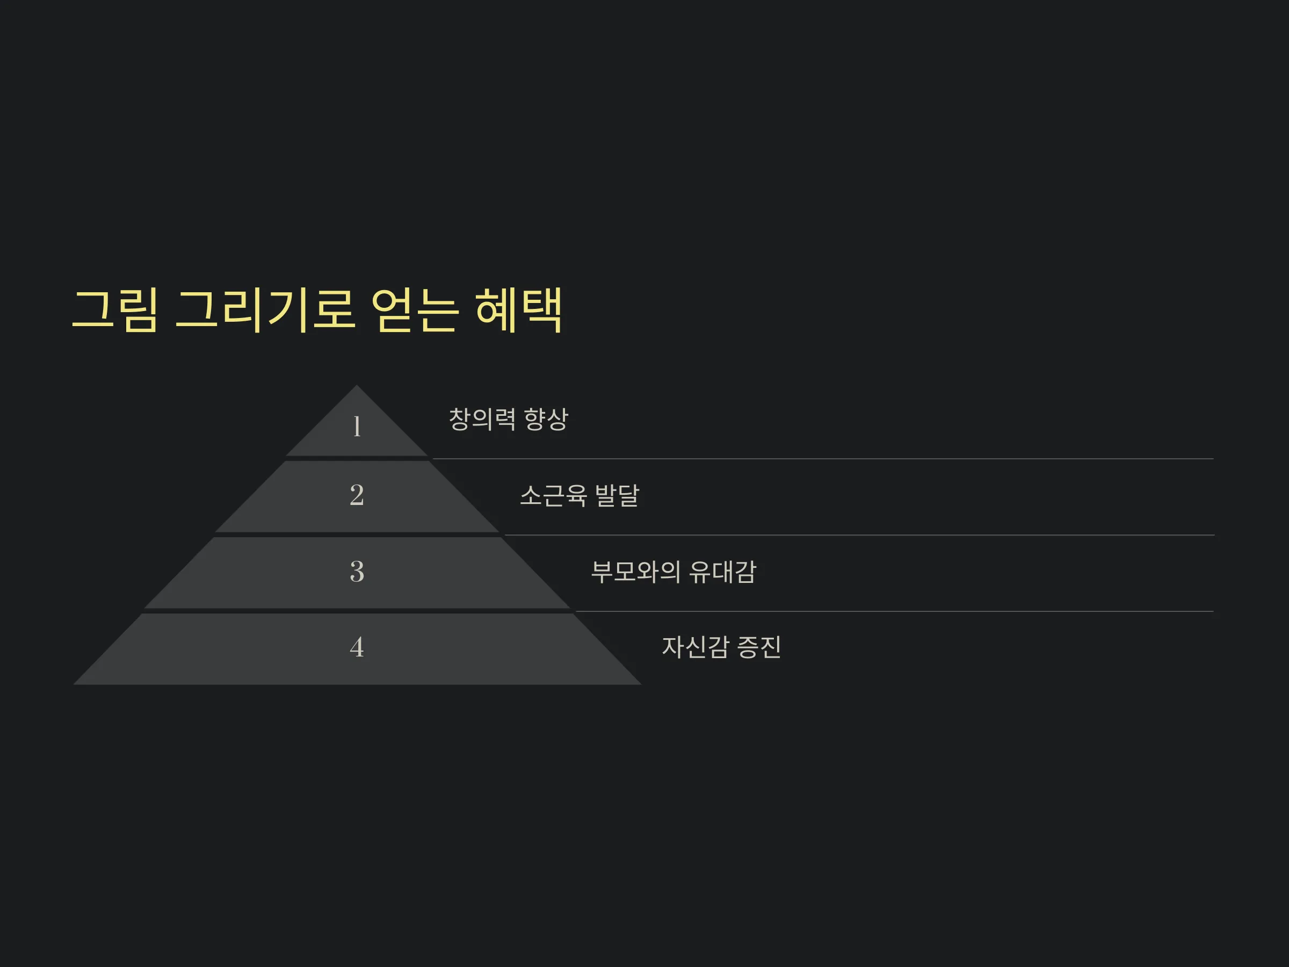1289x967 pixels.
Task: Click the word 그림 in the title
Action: (x=115, y=310)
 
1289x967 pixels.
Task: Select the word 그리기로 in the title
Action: (x=265, y=310)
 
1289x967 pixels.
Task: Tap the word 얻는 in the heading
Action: (x=414, y=310)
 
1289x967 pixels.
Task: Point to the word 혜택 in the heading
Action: (x=519, y=310)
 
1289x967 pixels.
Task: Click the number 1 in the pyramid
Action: (x=357, y=426)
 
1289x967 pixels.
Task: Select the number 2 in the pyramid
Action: (x=357, y=495)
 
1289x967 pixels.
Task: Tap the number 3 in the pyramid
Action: (x=357, y=571)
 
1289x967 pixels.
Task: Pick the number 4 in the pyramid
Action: (x=357, y=647)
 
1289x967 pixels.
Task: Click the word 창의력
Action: (x=482, y=419)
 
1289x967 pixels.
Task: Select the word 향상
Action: (x=546, y=419)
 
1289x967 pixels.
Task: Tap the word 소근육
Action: (x=553, y=495)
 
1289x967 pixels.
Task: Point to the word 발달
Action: (x=617, y=495)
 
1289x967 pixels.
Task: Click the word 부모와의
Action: (x=636, y=572)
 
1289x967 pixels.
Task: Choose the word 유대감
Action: (x=722, y=572)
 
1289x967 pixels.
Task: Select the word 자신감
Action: (x=695, y=647)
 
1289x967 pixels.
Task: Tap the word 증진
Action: (x=759, y=647)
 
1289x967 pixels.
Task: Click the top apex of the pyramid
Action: (x=357, y=385)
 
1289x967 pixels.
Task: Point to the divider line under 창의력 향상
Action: (x=823, y=459)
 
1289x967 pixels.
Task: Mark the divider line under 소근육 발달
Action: (x=859, y=535)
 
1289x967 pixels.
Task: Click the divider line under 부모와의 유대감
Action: (x=894, y=611)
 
